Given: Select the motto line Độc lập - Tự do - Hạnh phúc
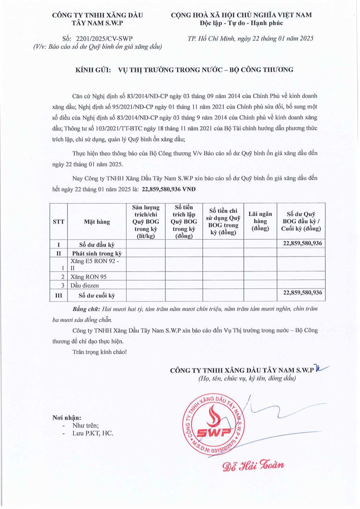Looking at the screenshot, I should (x=241, y=22).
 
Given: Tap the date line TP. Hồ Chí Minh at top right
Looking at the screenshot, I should (x=250, y=38).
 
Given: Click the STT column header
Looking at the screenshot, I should (x=59, y=221).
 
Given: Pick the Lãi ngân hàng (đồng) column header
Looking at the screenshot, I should (x=260, y=221).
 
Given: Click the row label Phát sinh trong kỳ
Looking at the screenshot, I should (x=97, y=254).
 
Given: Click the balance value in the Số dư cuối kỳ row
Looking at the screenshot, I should (x=302, y=293).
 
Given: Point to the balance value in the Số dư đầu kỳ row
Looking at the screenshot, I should (x=302, y=243).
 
